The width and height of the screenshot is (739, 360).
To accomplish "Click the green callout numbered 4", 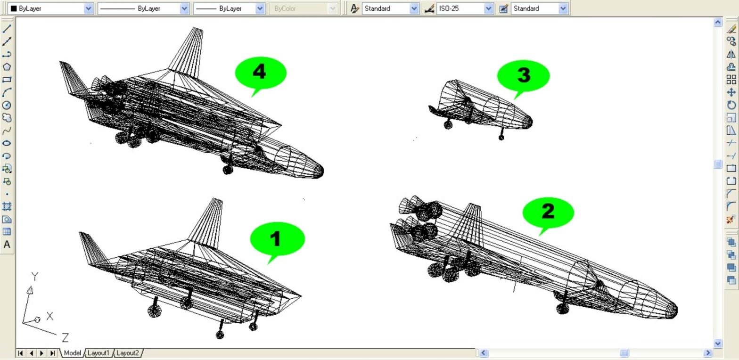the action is click(261, 73).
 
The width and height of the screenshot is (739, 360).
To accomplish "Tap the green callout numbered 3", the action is click(523, 76).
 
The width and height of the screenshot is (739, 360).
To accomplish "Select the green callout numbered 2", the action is click(548, 213).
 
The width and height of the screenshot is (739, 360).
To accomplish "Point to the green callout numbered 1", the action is click(278, 239).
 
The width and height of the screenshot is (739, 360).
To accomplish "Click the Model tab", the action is click(72, 353).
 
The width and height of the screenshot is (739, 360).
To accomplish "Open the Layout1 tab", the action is click(99, 353).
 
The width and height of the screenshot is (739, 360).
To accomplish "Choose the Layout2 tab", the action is click(128, 353).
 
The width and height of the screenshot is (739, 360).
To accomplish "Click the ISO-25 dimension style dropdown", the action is click(465, 8).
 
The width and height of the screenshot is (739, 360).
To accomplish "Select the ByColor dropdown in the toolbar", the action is click(303, 8).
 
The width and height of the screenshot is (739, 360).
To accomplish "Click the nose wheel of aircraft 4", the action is click(228, 170).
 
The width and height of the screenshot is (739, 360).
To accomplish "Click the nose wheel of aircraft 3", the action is click(501, 137).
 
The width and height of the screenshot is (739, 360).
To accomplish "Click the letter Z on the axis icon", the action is click(65, 338).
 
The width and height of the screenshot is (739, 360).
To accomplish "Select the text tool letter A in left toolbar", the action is click(7, 245).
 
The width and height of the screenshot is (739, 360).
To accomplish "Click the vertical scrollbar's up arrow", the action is click(718, 22).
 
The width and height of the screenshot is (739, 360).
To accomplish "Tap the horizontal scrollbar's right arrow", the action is click(708, 353).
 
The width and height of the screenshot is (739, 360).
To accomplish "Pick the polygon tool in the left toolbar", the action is click(7, 66).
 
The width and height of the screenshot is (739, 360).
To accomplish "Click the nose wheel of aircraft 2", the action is click(563, 309).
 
